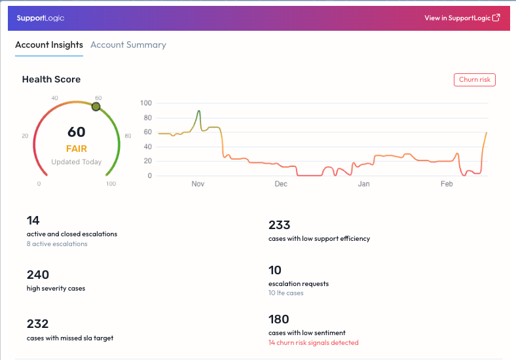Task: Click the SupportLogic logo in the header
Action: click(41, 18)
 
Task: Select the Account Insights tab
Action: click(49, 45)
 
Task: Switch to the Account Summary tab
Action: click(128, 45)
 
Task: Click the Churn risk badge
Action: click(475, 80)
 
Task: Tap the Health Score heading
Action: click(51, 79)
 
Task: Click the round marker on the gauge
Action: click(96, 106)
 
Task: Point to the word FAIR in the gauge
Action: click(76, 149)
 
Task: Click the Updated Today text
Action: click(76, 162)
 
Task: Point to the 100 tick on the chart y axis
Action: click(146, 103)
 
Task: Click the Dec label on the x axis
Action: click(281, 185)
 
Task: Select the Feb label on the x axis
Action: click(447, 185)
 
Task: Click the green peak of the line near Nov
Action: click(198, 111)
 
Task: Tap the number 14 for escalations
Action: click(33, 221)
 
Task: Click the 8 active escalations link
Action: click(57, 244)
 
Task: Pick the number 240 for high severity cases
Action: click(38, 275)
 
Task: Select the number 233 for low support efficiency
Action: click(280, 225)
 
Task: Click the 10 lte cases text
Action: click(286, 293)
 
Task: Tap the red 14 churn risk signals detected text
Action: click(314, 342)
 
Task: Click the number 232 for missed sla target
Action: click(38, 324)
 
